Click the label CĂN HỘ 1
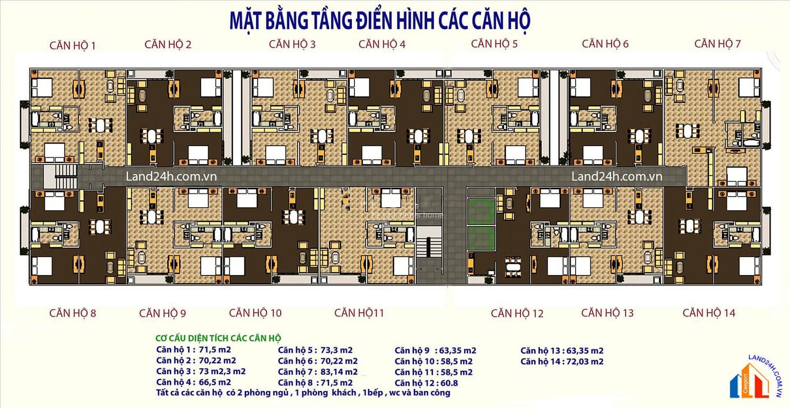[x=73, y=45]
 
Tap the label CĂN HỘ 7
[x=717, y=44]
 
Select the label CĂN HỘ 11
[x=359, y=313]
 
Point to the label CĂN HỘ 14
[x=708, y=313]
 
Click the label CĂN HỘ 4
[x=382, y=44]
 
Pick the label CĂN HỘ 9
[x=162, y=313]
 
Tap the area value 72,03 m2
[x=585, y=361]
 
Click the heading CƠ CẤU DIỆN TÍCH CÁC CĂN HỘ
[x=219, y=338]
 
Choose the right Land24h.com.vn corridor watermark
[x=617, y=177]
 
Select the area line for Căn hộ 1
[x=193, y=350]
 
